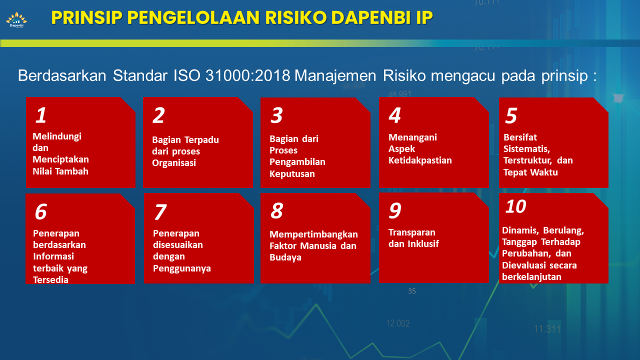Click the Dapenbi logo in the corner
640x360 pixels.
[16, 20]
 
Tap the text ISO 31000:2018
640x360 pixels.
[232, 75]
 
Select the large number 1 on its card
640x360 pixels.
[41, 115]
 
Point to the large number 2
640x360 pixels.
[158, 115]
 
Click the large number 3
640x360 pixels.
[276, 115]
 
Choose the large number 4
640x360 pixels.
[394, 115]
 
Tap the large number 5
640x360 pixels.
[511, 115]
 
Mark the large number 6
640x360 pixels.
[40, 212]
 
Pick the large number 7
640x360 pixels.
[159, 212]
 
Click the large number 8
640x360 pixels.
[276, 211]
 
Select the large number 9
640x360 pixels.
[394, 211]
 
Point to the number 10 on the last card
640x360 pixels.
[516, 206]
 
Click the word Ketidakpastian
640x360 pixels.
[420, 160]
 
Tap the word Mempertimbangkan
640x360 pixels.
[313, 234]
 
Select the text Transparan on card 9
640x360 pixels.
[412, 232]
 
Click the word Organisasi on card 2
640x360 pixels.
[174, 163]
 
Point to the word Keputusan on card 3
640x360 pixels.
[292, 174]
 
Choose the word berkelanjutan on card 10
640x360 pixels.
[531, 276]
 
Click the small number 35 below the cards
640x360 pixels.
[412, 291]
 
